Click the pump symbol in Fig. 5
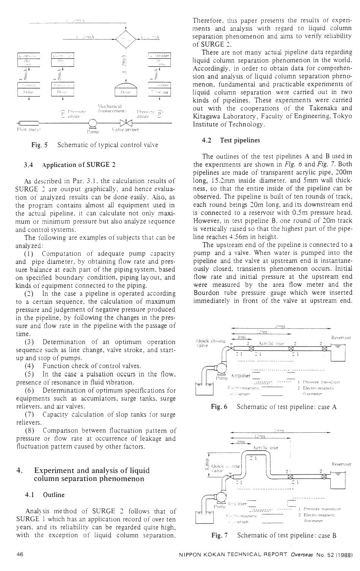point(92,123)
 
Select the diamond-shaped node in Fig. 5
point(126,38)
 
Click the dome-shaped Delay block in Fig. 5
point(126,89)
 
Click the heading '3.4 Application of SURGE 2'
point(69,165)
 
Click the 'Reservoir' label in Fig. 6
point(341,337)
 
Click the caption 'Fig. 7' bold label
point(219,535)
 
